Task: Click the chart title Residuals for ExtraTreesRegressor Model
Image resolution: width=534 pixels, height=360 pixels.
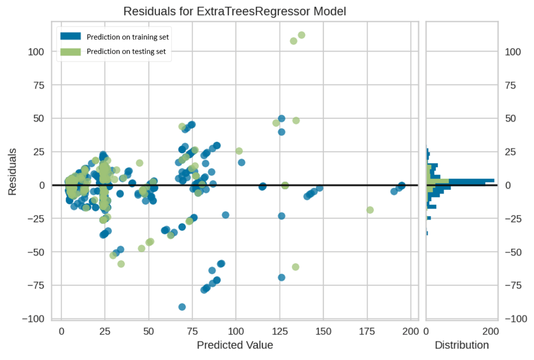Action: coord(234,11)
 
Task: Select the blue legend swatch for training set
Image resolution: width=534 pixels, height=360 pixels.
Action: coord(71,36)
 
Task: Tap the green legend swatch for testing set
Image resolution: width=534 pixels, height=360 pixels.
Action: coord(71,51)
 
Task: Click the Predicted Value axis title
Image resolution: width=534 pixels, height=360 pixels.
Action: coord(234,345)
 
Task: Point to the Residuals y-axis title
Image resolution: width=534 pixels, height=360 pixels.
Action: coord(13,171)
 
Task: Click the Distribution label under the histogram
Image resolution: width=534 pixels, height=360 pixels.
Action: coord(462,345)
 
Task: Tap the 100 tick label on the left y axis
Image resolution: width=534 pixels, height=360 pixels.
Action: coord(37,52)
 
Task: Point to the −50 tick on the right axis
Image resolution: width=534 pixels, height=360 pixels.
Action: coord(514,252)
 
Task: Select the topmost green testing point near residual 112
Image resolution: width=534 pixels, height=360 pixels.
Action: coord(301,35)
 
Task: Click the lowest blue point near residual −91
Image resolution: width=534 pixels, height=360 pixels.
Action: coord(182,307)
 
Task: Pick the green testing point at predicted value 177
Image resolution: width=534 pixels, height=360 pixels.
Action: coord(370,210)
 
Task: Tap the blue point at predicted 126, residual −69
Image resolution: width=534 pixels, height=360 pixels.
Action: coord(281,278)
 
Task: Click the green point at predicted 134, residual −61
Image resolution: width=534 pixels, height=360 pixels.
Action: coord(295,267)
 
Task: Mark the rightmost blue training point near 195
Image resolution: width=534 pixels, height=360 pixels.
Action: coord(402,186)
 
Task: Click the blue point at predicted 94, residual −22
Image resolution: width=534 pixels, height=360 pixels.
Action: coord(226,215)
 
